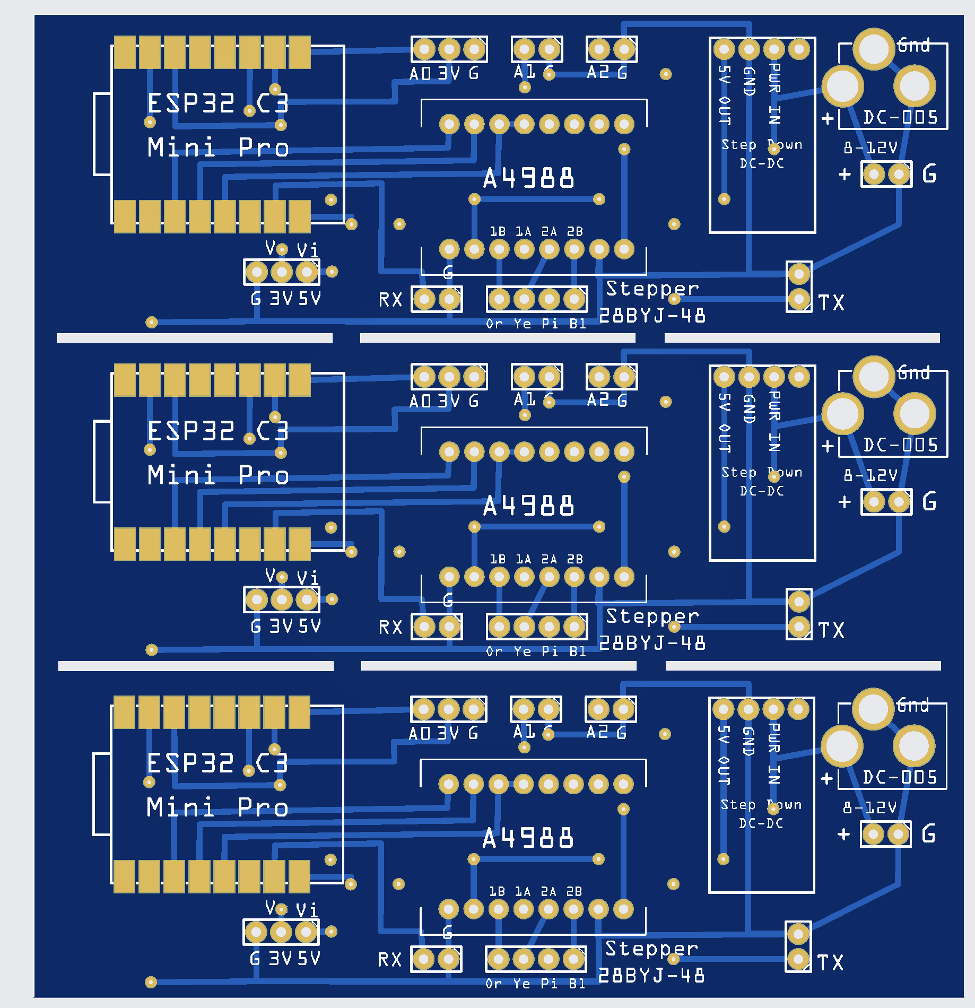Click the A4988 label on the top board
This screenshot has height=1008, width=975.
click(528, 178)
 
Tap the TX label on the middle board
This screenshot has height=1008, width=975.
click(831, 630)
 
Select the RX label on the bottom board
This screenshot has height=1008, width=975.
click(390, 960)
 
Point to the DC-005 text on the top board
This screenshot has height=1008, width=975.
click(900, 117)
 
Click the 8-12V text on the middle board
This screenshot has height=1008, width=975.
click(870, 475)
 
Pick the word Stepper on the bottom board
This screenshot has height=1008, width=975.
click(651, 949)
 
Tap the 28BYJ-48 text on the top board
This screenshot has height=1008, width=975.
click(652, 316)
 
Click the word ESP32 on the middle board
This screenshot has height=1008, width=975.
click(191, 431)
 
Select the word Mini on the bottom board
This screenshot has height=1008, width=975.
click(180, 807)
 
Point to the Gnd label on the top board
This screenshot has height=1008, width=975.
click(913, 46)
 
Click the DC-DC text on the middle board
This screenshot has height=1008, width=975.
click(762, 491)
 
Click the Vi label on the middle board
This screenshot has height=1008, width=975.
click(308, 578)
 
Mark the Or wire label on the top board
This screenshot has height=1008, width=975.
click(494, 324)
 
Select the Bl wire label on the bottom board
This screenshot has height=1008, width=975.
click(577, 984)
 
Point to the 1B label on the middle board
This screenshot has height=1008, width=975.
click(498, 559)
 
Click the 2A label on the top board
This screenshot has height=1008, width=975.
click(549, 232)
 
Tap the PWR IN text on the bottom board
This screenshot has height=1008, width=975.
click(774, 753)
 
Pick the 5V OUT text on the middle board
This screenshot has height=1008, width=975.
click(725, 423)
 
